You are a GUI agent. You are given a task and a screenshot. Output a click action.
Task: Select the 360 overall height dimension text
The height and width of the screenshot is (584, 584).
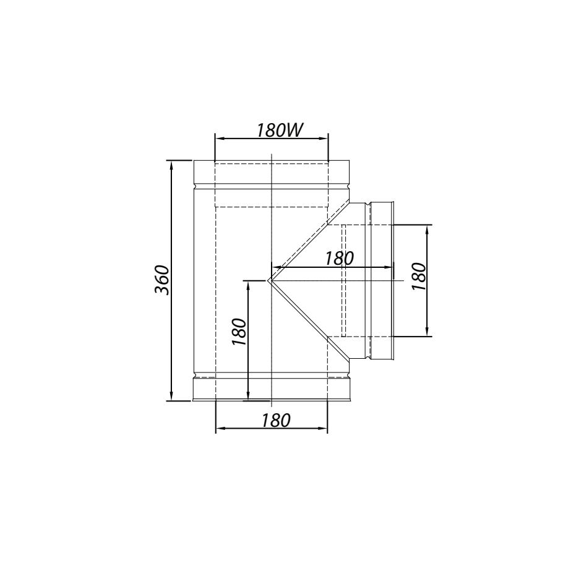click(x=161, y=280)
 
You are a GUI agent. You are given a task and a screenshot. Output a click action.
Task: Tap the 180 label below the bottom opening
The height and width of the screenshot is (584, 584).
click(x=275, y=421)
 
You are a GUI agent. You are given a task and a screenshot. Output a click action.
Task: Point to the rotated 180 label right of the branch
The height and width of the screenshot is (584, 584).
click(x=419, y=277)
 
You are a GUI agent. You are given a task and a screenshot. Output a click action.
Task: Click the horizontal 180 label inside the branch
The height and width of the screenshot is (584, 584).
click(x=339, y=259)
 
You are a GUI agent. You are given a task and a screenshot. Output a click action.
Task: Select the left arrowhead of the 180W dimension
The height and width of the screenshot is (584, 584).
click(x=218, y=139)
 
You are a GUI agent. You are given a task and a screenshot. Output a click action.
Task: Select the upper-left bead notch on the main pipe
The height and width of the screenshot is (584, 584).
click(x=195, y=186)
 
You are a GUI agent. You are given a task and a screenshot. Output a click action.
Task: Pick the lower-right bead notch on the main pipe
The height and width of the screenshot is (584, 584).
click(x=348, y=376)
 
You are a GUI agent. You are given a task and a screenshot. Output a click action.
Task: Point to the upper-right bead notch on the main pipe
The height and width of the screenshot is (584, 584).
click(x=348, y=186)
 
